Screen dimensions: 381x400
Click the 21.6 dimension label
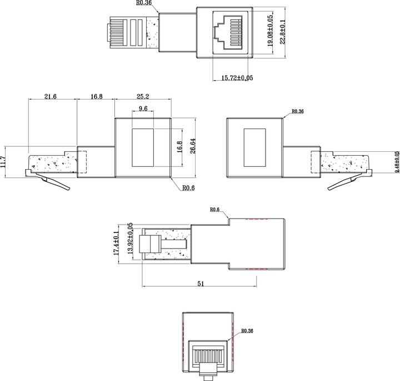51,96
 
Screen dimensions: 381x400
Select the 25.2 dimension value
143,96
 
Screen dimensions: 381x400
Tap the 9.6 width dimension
143,110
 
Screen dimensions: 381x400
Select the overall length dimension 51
201,283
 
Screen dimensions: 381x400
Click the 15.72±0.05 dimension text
233,78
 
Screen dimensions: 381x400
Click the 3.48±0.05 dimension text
396,162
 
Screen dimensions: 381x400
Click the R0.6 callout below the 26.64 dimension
189,187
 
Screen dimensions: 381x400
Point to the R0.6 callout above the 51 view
215,210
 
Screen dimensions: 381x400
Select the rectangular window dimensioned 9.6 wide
143,148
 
